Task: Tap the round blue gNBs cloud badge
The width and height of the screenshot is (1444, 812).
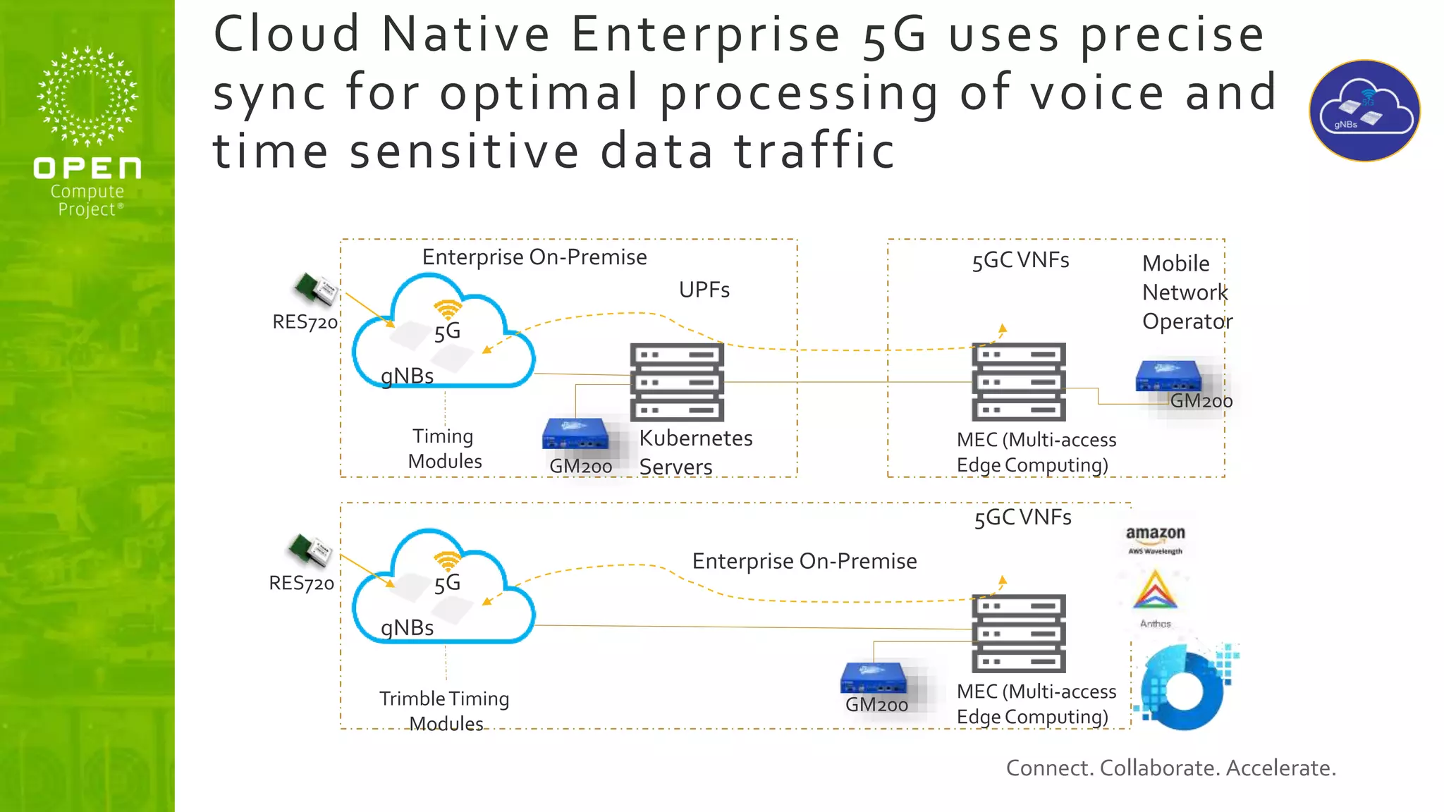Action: click(x=1364, y=111)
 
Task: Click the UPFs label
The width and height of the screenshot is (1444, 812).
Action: click(x=704, y=290)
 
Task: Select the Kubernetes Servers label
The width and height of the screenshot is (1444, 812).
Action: click(x=695, y=452)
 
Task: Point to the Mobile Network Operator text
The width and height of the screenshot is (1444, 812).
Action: click(x=1187, y=292)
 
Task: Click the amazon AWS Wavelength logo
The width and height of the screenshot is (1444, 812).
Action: click(x=1155, y=540)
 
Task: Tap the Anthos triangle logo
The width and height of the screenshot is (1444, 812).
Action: click(x=1154, y=592)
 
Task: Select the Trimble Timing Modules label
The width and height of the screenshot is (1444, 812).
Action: click(x=445, y=710)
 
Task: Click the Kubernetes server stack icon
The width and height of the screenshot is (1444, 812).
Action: click(x=677, y=382)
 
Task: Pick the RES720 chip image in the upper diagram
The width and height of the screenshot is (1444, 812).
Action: click(x=316, y=289)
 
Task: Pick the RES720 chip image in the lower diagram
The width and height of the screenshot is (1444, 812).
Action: click(x=310, y=550)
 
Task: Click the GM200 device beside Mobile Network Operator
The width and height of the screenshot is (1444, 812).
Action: click(x=1168, y=376)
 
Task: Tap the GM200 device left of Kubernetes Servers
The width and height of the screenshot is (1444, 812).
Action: click(x=575, y=435)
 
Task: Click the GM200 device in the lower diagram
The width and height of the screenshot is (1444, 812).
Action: click(x=873, y=678)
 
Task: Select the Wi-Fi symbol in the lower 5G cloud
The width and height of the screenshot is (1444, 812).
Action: click(x=447, y=561)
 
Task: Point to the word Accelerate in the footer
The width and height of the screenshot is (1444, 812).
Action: click(x=1280, y=768)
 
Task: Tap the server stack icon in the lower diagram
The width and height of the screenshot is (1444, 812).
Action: click(x=1018, y=633)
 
